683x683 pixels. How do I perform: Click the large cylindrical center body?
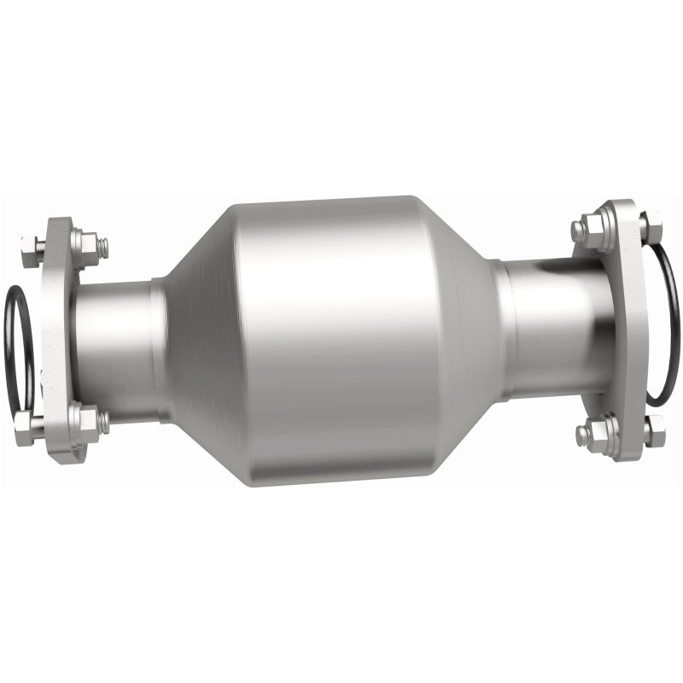tap(341, 341)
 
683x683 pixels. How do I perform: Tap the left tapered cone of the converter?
tap(201, 341)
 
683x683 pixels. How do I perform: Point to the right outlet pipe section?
tap(555, 329)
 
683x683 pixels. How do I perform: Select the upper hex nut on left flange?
tap(85, 244)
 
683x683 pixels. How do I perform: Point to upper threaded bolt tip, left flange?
tap(102, 248)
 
